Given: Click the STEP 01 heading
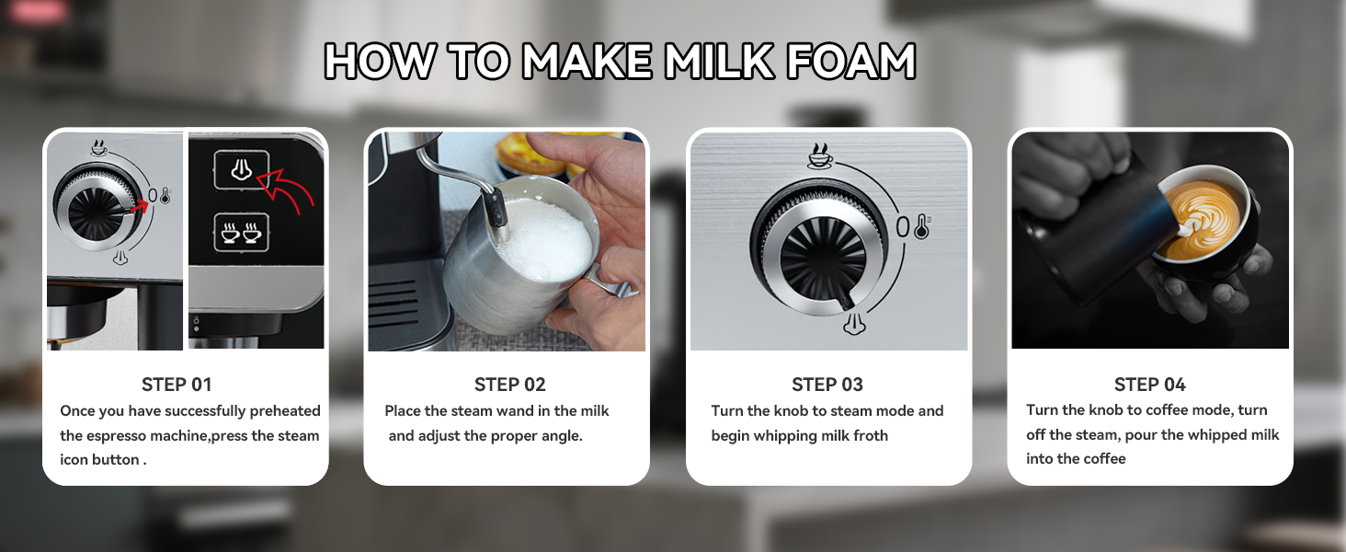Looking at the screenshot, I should (x=177, y=385).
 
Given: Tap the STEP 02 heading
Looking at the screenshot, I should (x=509, y=385).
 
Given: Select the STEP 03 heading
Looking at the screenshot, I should (x=827, y=385).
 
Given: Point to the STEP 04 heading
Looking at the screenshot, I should (x=1149, y=385).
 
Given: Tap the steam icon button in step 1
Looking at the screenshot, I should (x=241, y=170).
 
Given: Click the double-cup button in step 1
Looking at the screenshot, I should (x=241, y=232).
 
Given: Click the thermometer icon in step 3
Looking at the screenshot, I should (x=922, y=226).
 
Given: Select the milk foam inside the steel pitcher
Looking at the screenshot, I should (x=543, y=238).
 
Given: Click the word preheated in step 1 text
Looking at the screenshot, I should (x=285, y=411).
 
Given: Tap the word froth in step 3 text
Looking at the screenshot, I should (x=868, y=436).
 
